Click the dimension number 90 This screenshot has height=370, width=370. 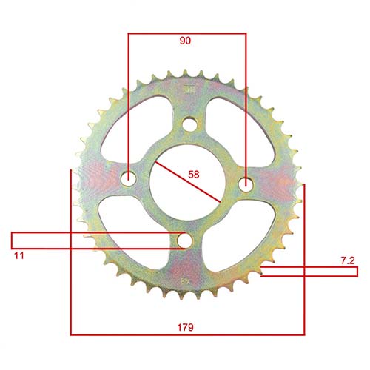pyautogui.click(x=185, y=41)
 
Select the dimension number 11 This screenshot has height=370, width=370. pyautogui.click(x=18, y=255)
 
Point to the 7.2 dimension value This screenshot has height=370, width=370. pyautogui.click(x=346, y=260)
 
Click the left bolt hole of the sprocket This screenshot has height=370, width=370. pyautogui.click(x=129, y=178)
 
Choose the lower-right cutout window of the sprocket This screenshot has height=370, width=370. pyautogui.click(x=233, y=237)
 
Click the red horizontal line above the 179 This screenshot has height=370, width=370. pyautogui.click(x=186, y=335)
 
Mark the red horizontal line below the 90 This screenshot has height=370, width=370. pyautogui.click(x=186, y=33)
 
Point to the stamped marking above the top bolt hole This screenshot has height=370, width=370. pyautogui.click(x=186, y=90)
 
